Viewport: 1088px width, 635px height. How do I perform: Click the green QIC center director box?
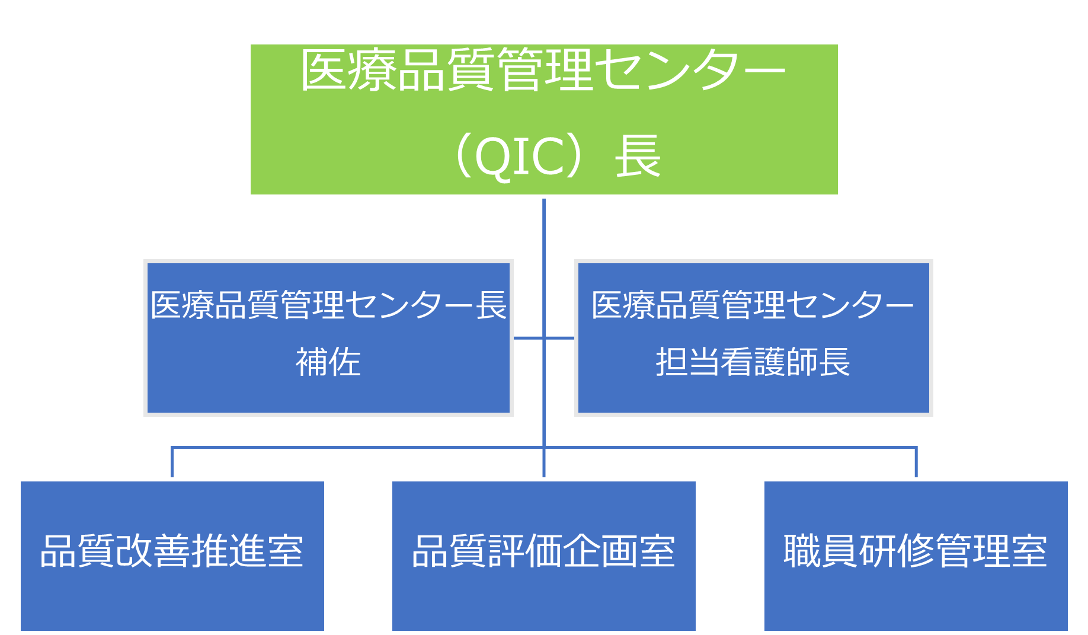544,119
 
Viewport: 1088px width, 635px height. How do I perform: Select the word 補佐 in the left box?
328,362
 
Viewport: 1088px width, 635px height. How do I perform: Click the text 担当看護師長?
753,362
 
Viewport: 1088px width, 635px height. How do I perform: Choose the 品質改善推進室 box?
172,556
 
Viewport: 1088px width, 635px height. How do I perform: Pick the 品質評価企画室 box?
544,556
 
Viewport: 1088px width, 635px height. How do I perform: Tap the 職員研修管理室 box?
916,556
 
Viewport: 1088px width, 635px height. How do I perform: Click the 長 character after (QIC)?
638,156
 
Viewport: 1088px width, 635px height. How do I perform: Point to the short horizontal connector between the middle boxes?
544,338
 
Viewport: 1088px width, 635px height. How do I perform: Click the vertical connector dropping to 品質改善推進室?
172,462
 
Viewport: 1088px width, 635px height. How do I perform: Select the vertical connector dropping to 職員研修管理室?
916,462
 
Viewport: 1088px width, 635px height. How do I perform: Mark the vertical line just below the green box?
544,228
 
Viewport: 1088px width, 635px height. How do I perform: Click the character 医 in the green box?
324,70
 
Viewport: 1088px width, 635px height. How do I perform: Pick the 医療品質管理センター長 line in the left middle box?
328,305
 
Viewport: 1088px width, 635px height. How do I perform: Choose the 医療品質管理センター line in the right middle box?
753,305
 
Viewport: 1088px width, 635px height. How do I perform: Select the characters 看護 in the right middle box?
753,362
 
